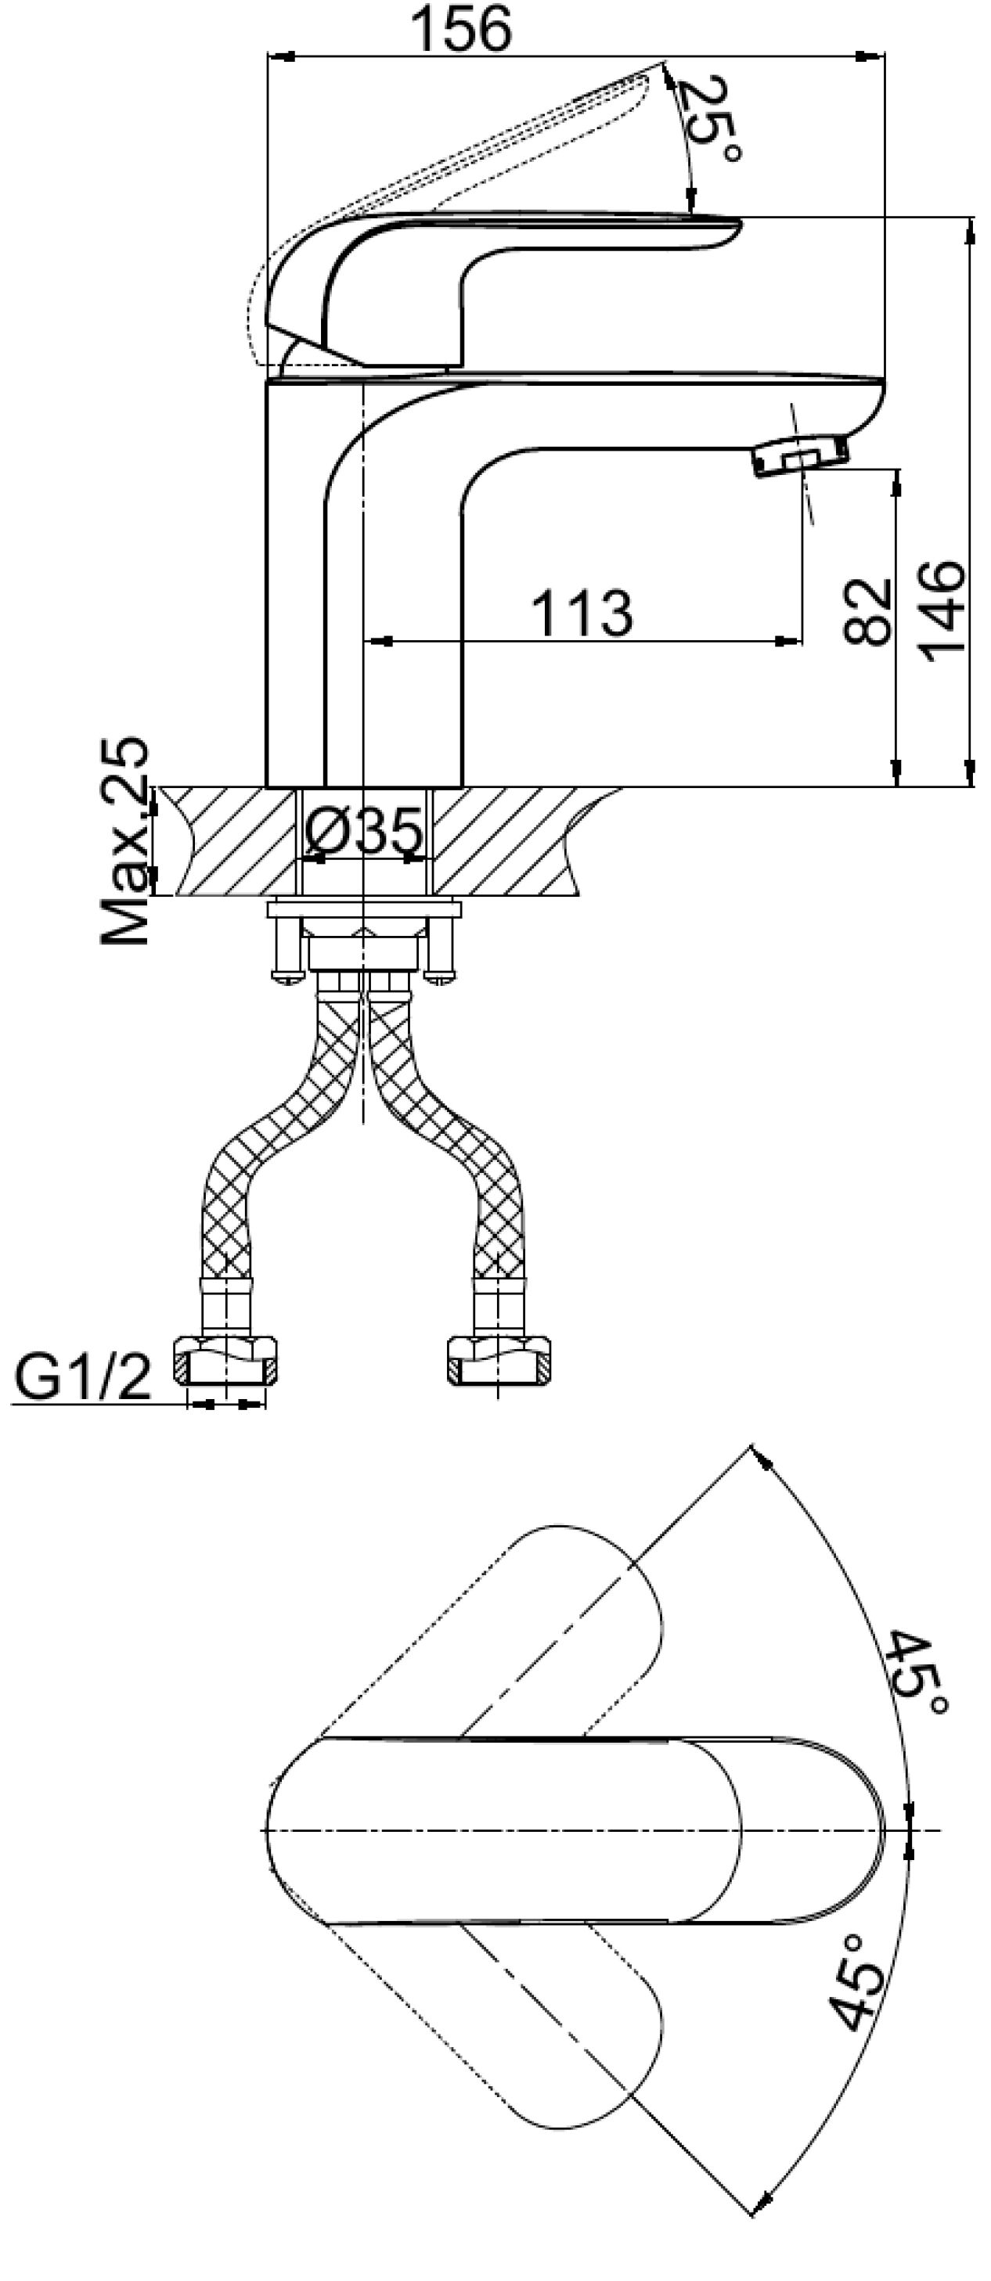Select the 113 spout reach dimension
(x=582, y=611)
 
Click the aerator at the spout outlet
(x=800, y=455)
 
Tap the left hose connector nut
(x=225, y=1360)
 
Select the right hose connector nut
(x=498, y=1360)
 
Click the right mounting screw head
(x=440, y=976)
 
